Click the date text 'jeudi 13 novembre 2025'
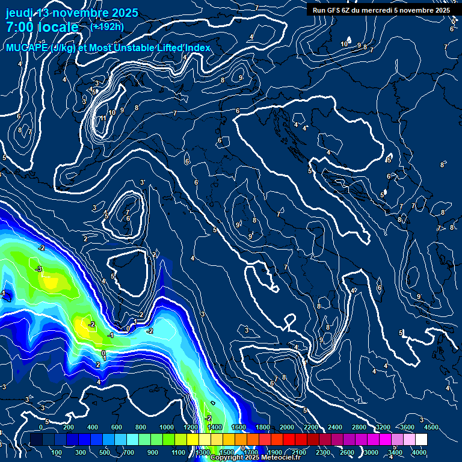(x=72, y=13)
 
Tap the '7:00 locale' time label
(x=42, y=27)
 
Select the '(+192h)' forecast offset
(x=107, y=26)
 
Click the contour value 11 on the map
(x=103, y=119)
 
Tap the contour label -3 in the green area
(x=38, y=269)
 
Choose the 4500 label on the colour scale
(x=431, y=427)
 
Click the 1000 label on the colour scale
(x=167, y=427)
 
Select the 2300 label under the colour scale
(x=322, y=452)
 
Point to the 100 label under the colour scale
(x=57, y=452)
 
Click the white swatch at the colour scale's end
(x=421, y=440)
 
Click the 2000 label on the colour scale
(x=286, y=427)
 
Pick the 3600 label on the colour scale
(x=407, y=427)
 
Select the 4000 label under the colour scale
(x=419, y=452)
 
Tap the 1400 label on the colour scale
(x=215, y=427)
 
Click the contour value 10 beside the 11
(x=112, y=112)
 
